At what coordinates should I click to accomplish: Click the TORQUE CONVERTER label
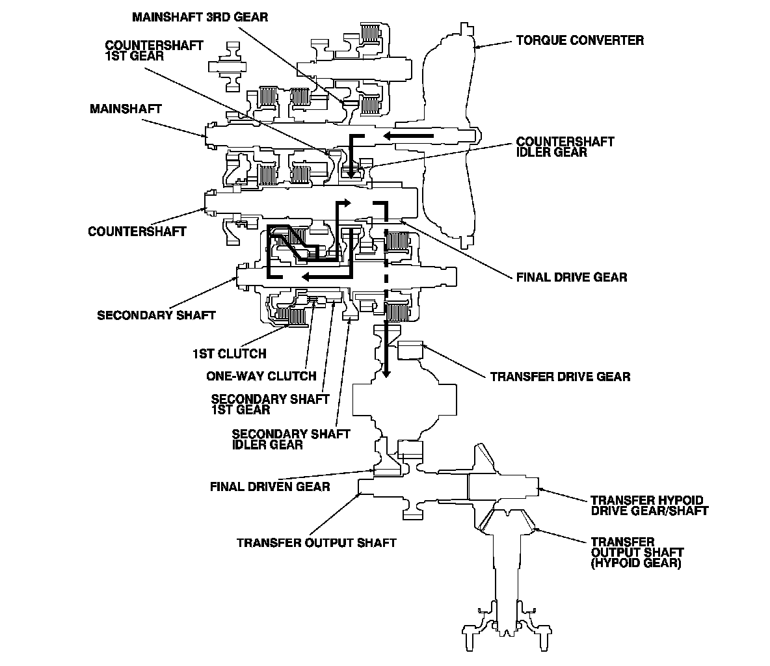(579, 40)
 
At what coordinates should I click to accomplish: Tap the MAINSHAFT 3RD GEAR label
(200, 17)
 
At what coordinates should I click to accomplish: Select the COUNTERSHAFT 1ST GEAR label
(154, 51)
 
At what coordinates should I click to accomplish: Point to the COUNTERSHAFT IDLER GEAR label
(564, 147)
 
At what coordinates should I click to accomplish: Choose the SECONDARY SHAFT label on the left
(156, 315)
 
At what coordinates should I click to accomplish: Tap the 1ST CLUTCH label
(229, 354)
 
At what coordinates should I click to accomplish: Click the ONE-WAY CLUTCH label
(261, 375)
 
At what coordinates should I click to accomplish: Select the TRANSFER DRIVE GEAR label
(560, 376)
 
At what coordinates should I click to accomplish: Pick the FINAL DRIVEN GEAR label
(270, 486)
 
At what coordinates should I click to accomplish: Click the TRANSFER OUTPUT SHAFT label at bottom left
(316, 542)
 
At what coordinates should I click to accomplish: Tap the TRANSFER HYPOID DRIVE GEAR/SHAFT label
(649, 505)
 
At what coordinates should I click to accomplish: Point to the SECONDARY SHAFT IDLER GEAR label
(291, 439)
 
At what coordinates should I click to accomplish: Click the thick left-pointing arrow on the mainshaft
(406, 135)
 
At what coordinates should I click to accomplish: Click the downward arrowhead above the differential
(386, 371)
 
